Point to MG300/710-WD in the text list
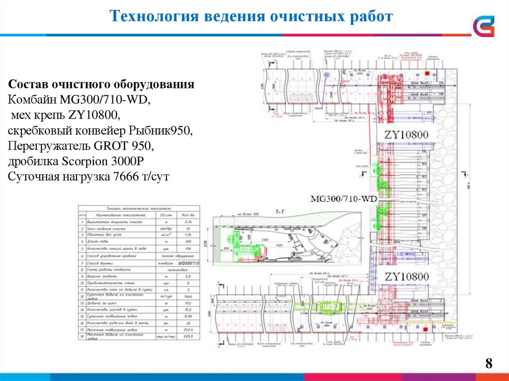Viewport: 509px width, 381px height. coord(105,99)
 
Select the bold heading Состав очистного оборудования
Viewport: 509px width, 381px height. coord(101,84)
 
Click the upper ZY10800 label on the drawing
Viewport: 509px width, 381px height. coord(406,135)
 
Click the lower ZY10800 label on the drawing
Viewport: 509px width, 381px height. coord(406,276)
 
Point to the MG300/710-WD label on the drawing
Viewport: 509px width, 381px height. coord(344,199)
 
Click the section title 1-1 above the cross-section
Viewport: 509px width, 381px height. coord(280,212)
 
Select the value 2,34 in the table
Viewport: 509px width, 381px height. coord(187,222)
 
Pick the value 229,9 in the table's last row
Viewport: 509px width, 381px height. coord(187,336)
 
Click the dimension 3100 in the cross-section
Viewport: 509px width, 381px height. coord(265,239)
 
